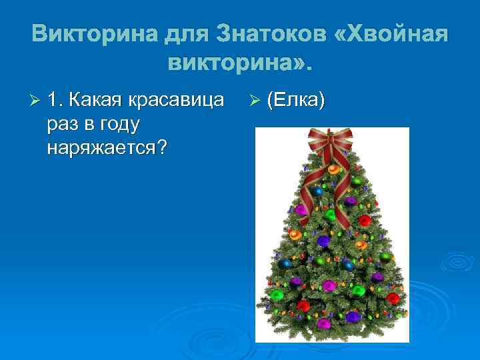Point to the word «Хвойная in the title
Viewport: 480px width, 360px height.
(391, 33)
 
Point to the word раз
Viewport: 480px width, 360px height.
(62, 124)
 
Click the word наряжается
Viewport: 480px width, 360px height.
(100, 147)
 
